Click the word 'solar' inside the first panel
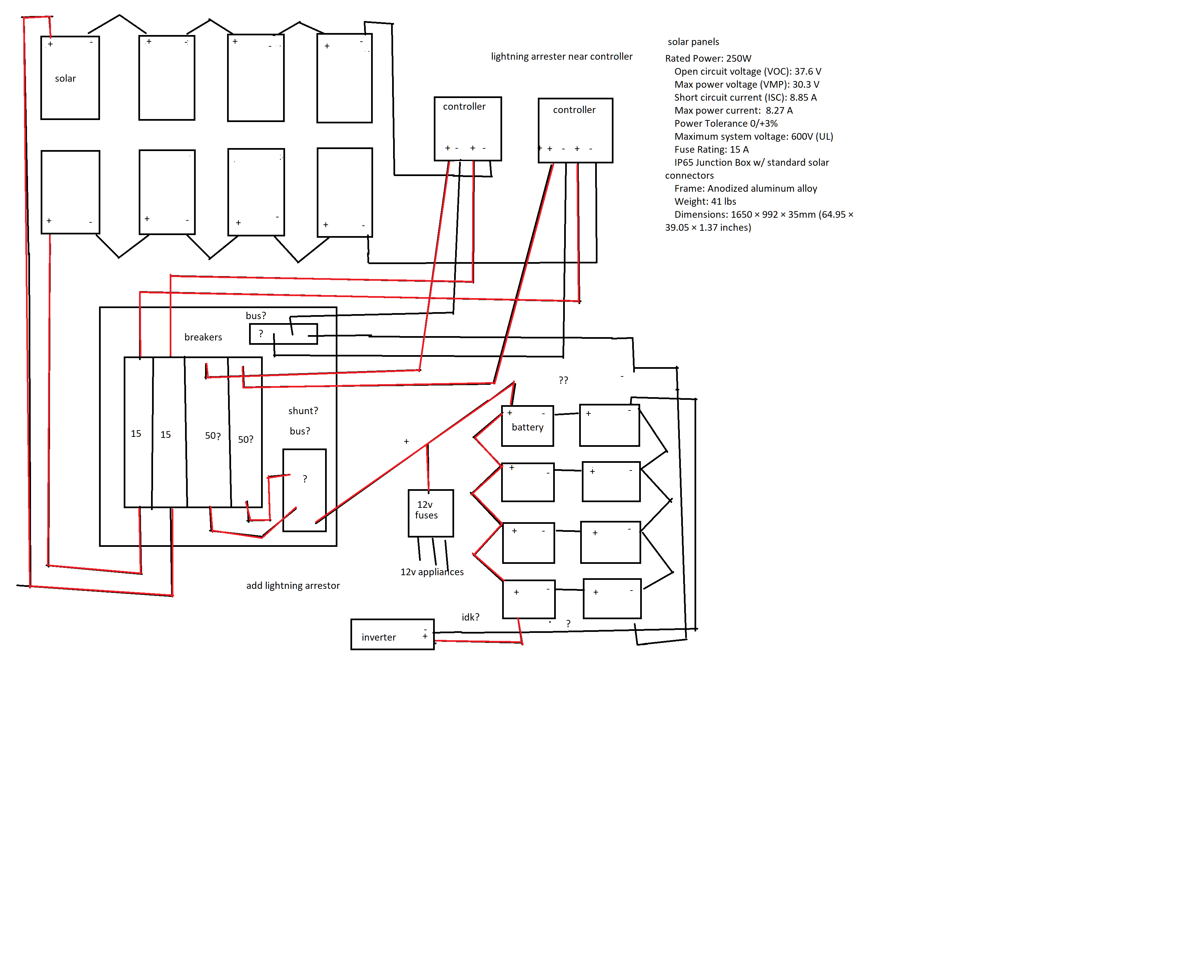coord(65,78)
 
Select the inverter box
coord(392,635)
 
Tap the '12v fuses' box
coord(430,512)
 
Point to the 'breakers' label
coord(203,337)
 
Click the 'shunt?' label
coord(303,410)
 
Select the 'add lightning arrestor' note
coord(293,586)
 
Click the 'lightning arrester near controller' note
coord(561,56)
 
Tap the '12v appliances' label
coord(432,572)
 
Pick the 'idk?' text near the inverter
coord(470,617)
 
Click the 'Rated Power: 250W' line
coord(708,58)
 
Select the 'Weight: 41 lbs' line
coord(705,201)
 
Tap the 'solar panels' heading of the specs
coord(693,42)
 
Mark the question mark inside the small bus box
coord(260,333)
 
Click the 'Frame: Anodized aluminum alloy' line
coord(746,188)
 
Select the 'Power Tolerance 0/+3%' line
coord(726,123)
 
